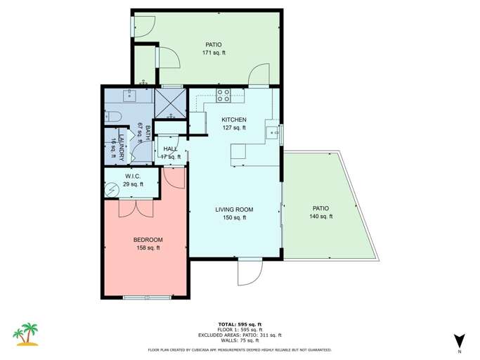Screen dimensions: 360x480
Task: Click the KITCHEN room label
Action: pyautogui.click(x=233, y=120)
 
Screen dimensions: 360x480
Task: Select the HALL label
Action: pyautogui.click(x=170, y=149)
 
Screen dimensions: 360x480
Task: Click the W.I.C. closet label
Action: pyautogui.click(x=134, y=176)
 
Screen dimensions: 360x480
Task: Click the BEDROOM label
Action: pyautogui.click(x=147, y=240)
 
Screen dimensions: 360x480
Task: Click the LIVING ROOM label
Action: pyautogui.click(x=234, y=210)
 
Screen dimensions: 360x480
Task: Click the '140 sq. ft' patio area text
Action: pyautogui.click(x=320, y=217)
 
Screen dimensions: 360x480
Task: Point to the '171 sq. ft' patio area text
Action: pyautogui.click(x=212, y=53)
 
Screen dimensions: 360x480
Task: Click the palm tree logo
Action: pyautogui.click(x=27, y=334)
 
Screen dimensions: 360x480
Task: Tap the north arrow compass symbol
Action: pyautogui.click(x=459, y=340)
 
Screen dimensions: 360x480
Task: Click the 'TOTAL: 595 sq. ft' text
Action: pyautogui.click(x=240, y=324)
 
